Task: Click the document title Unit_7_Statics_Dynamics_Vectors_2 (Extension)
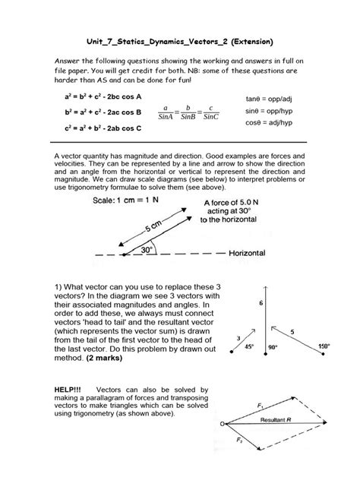179,39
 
